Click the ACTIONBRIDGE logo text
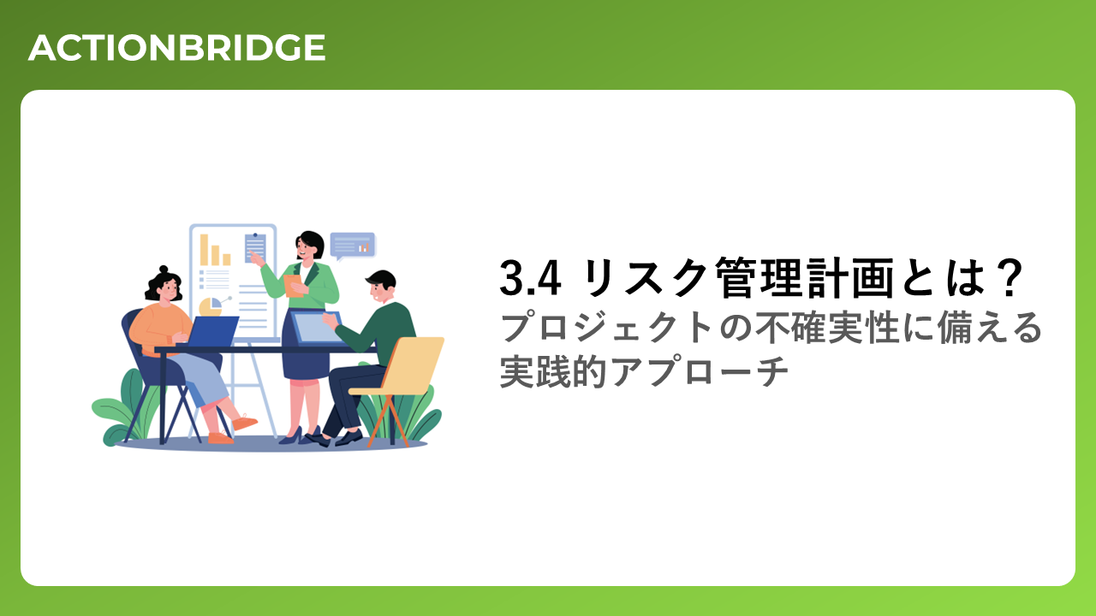pyautogui.click(x=176, y=48)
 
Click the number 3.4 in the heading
pyautogui.click(x=530, y=278)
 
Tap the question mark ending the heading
pyautogui.click(x=1010, y=278)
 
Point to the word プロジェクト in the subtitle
pyautogui.click(x=605, y=328)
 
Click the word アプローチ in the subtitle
pyautogui.click(x=700, y=372)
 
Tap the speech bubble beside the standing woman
pyautogui.click(x=352, y=246)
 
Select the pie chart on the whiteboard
pyautogui.click(x=211, y=307)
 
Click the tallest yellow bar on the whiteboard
pyautogui.click(x=204, y=250)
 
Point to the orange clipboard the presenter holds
pyautogui.click(x=293, y=286)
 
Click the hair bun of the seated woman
pyautogui.click(x=164, y=269)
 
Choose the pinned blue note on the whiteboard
pyautogui.click(x=255, y=247)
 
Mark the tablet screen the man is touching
pyautogui.click(x=316, y=327)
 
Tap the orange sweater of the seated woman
pyautogui.click(x=159, y=327)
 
